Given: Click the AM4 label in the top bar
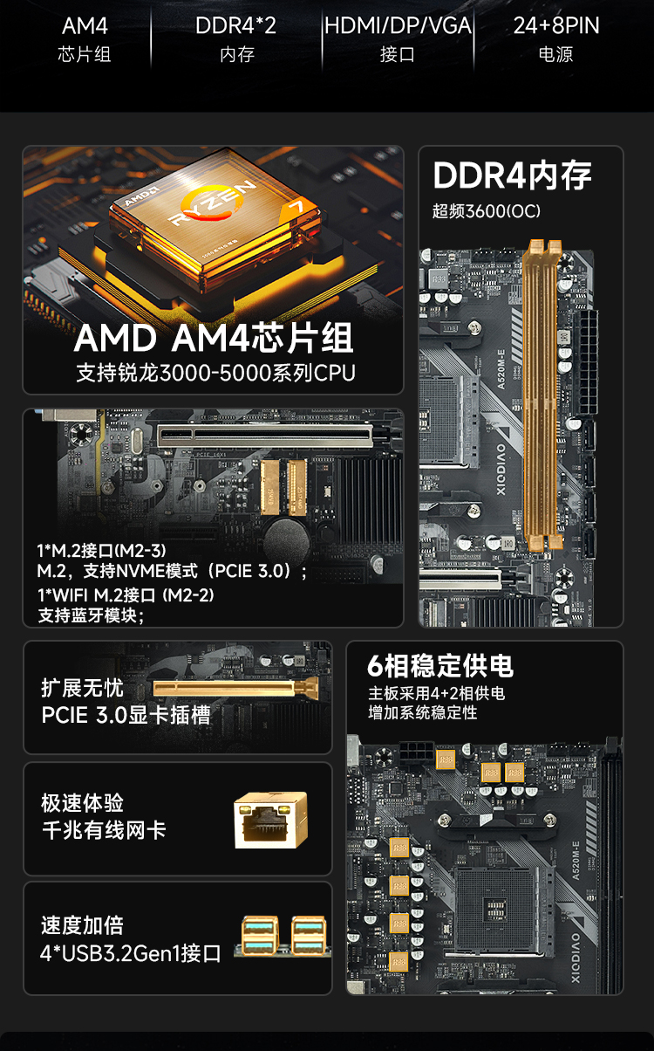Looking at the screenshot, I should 85,26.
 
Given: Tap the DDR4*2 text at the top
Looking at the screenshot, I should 235,26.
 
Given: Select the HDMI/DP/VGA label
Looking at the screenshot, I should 398,26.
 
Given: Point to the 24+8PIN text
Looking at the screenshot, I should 556,26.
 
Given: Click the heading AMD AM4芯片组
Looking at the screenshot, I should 214,338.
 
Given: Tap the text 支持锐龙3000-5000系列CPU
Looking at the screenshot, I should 215,373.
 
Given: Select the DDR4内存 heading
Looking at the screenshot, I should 513,175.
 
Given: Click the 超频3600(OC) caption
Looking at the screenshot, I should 487,212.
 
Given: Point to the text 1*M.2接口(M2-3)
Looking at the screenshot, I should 101,550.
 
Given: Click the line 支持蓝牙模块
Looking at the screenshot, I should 91,615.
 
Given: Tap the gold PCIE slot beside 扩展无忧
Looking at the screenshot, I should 234,689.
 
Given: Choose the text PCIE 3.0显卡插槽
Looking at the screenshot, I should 126,715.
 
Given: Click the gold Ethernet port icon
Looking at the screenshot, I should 270,820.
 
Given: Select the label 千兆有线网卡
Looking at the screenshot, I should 104,830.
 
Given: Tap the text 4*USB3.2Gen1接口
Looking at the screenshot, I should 130,952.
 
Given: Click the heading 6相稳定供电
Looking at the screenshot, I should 440,666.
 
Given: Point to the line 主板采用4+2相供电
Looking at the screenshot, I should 436,694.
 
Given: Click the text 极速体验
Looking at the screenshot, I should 83,803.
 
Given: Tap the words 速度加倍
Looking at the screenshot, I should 83,925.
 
